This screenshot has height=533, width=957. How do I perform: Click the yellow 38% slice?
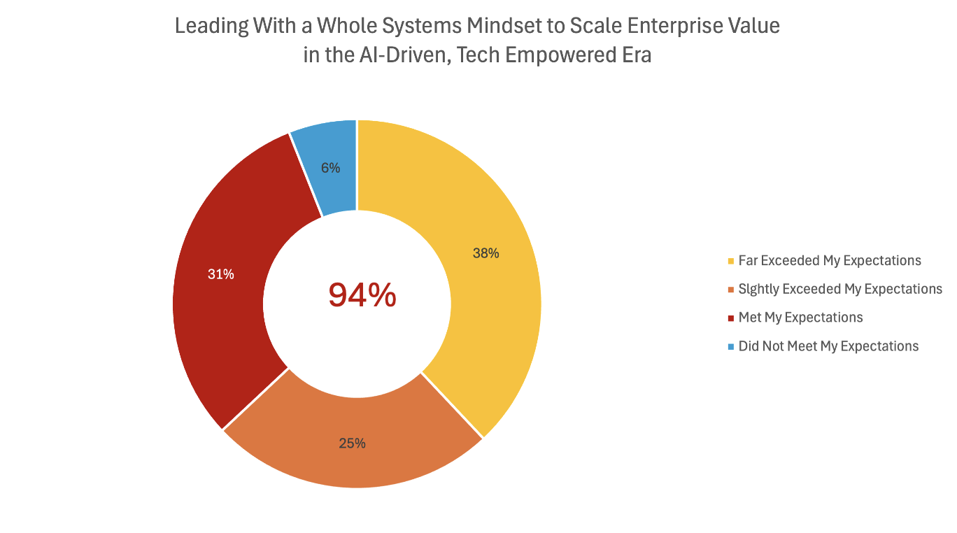point(490,294)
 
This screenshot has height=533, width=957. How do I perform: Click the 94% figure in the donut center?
point(362,296)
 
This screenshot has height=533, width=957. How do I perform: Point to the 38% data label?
point(485,254)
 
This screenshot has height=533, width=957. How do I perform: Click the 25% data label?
point(352,443)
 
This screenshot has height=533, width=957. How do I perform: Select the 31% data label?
point(220,275)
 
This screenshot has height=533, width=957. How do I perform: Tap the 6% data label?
point(330,168)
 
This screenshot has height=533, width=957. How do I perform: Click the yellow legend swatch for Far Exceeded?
point(731,262)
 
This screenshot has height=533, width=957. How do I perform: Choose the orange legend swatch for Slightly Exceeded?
point(731,290)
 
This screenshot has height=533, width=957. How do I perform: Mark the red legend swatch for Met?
point(731,318)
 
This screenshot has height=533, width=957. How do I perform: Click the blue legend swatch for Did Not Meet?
point(731,347)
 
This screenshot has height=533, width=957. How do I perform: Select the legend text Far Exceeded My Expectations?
point(830,261)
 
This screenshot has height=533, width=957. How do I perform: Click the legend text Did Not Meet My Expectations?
point(828,346)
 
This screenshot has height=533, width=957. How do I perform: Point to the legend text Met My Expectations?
point(800,318)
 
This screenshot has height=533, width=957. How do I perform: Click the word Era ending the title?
point(634,55)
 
